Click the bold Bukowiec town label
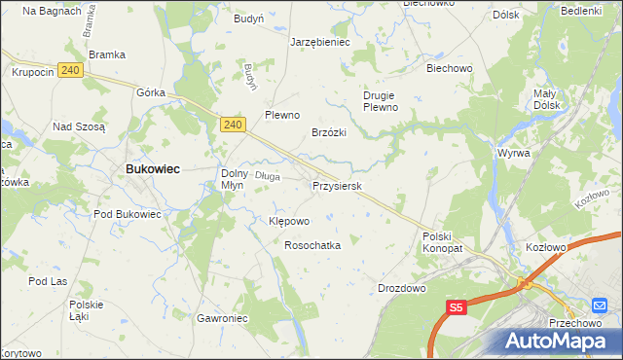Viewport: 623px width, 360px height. (151, 168)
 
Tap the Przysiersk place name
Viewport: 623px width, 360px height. (337, 185)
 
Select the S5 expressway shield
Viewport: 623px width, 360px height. (458, 307)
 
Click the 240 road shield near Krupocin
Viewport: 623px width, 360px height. (69, 70)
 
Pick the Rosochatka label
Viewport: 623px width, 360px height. (311, 246)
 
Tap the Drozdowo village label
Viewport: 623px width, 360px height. (402, 288)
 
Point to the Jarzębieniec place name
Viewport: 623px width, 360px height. (320, 43)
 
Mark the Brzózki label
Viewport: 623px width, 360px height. (330, 132)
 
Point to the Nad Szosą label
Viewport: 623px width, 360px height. (78, 126)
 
